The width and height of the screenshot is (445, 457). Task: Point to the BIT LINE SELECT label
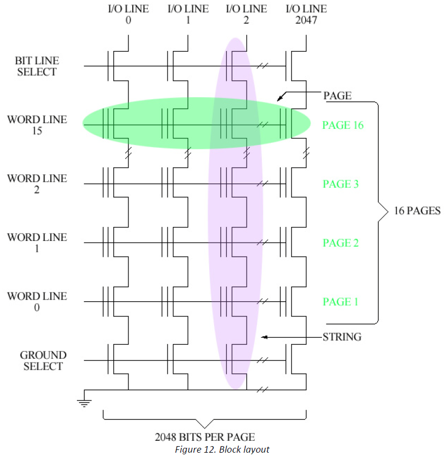click(x=36, y=66)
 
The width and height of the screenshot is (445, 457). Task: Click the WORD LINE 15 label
click(x=37, y=125)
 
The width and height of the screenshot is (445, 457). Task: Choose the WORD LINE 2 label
click(x=37, y=184)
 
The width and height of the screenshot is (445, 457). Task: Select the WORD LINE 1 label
click(x=37, y=243)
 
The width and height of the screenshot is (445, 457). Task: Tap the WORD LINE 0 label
click(x=37, y=302)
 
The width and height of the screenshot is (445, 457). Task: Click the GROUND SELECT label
click(x=43, y=360)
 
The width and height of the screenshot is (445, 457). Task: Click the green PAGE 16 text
click(x=343, y=125)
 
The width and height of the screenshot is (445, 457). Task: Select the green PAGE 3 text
click(x=340, y=185)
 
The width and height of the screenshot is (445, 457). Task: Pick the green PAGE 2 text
click(x=340, y=243)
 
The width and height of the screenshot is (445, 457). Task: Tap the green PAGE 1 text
click(x=340, y=302)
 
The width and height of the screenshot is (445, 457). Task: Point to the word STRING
click(x=342, y=337)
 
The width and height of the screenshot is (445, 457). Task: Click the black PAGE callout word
click(x=337, y=96)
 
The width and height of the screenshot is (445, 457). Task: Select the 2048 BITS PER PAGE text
click(x=204, y=437)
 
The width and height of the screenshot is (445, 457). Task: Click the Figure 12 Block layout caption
click(x=222, y=449)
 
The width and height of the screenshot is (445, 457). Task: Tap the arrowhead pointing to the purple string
click(x=265, y=337)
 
